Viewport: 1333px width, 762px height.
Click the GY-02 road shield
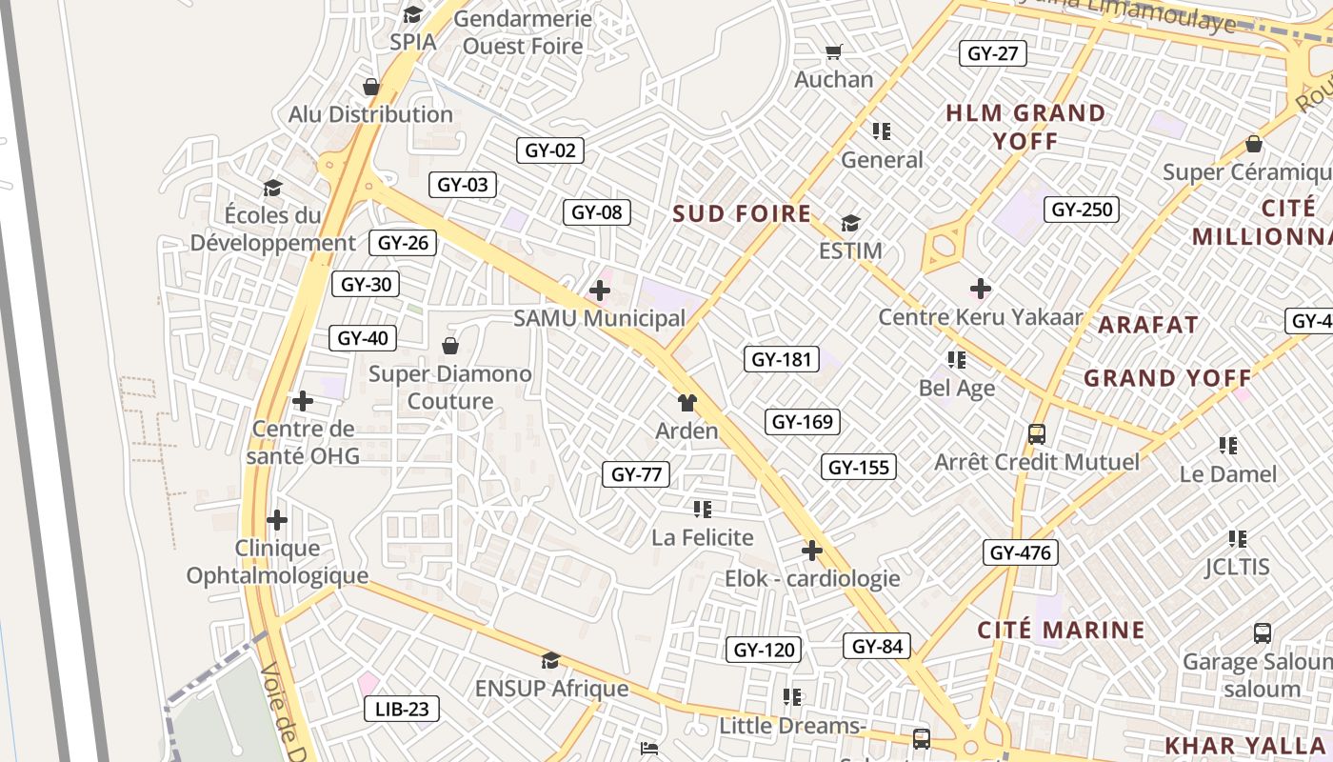pos(550,150)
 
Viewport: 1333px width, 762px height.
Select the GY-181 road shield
pos(781,359)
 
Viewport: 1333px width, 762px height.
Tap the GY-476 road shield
pos(1020,552)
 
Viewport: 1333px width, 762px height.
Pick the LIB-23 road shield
pos(402,709)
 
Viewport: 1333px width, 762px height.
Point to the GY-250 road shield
pos(1082,210)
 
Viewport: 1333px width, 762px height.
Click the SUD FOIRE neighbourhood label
pos(742,213)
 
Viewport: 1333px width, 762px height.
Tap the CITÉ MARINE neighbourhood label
pos(1061,630)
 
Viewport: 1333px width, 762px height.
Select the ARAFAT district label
pos(1147,325)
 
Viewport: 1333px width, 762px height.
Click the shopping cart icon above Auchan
pos(834,52)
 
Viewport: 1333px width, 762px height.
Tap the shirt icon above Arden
pos(686,403)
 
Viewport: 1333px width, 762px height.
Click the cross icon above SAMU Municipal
pos(600,291)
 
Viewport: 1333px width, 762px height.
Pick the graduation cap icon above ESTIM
pos(850,223)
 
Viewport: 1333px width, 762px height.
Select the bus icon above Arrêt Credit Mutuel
pos(1037,434)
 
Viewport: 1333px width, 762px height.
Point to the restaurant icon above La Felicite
pos(703,510)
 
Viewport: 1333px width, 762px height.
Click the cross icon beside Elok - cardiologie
pos(811,551)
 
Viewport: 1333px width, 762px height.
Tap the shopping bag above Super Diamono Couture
pos(450,345)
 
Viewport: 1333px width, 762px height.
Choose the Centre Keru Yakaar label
pos(981,316)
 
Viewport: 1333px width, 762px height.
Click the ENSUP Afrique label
pos(551,688)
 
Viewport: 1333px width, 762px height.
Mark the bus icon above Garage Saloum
pos(1262,632)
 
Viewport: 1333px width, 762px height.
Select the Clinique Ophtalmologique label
pos(277,562)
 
